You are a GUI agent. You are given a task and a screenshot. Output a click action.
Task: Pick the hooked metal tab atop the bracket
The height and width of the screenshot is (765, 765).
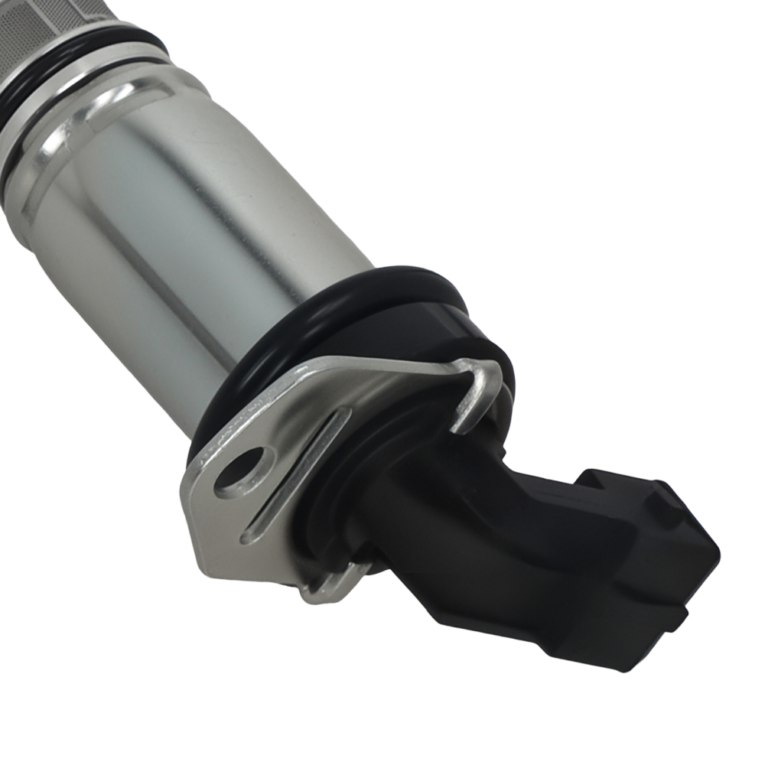point(478,390)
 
